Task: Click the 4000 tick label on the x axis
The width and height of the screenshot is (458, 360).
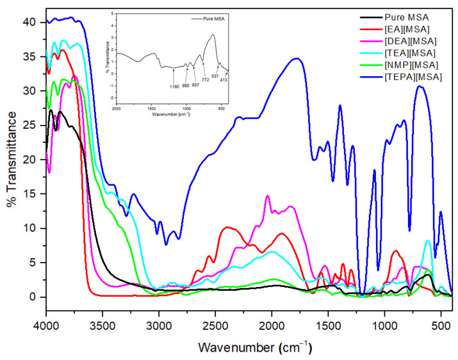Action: tap(45, 325)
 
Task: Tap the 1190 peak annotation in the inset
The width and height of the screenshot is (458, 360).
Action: tap(174, 86)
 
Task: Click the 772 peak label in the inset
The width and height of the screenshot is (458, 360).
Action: tap(206, 80)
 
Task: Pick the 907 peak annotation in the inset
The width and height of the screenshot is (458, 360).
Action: tap(195, 85)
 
